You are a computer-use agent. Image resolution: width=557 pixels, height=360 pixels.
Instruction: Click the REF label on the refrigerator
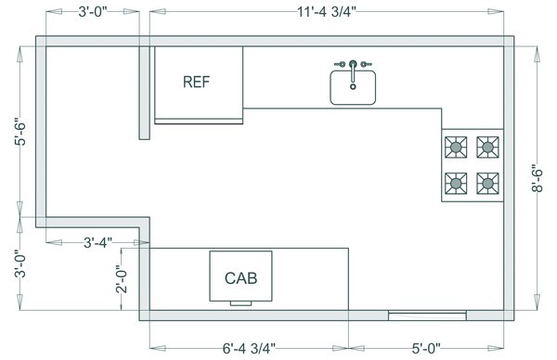(x=196, y=82)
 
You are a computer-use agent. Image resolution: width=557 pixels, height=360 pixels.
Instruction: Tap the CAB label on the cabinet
(x=240, y=276)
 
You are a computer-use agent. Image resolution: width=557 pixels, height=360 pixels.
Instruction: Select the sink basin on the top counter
(x=353, y=88)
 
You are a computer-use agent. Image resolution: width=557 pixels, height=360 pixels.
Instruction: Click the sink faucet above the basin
(x=353, y=64)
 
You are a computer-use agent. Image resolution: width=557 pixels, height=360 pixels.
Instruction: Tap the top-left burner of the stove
(x=456, y=146)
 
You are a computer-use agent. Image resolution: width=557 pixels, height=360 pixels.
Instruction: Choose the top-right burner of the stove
(x=487, y=146)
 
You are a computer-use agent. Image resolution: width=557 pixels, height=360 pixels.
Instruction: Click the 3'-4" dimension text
(x=97, y=242)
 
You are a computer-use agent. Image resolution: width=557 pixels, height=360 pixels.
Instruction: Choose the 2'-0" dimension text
(x=120, y=279)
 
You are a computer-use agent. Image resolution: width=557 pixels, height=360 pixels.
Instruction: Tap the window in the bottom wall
(x=427, y=315)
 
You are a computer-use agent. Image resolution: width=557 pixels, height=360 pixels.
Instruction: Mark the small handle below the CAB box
(x=240, y=302)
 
